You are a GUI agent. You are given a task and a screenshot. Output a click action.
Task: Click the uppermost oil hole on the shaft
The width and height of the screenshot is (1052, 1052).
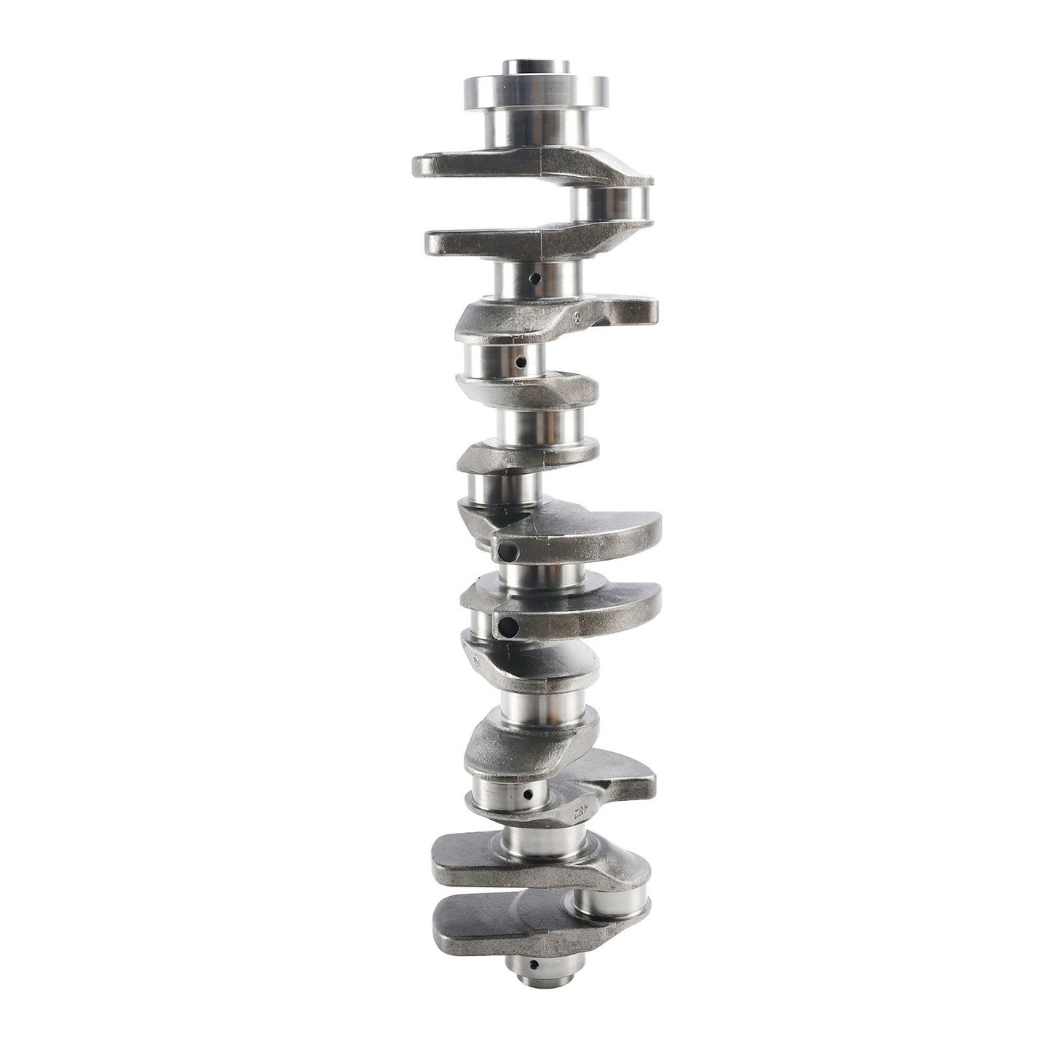coord(535,278)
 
